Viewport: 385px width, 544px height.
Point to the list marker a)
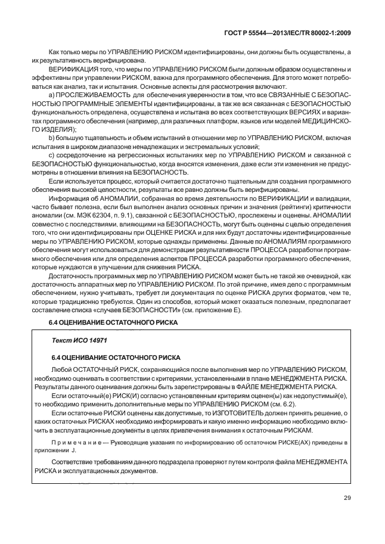coord(51,95)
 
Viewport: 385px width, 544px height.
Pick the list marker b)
coord(51,138)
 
